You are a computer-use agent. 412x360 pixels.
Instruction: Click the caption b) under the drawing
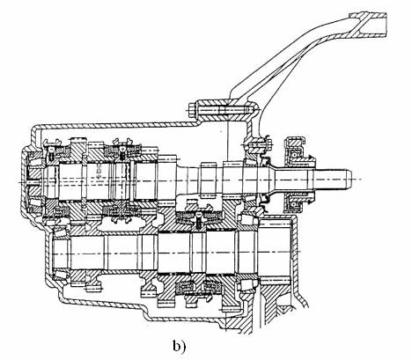click(179, 346)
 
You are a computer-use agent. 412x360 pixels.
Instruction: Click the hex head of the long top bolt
click(192, 110)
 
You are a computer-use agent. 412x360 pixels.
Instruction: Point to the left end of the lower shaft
click(55, 253)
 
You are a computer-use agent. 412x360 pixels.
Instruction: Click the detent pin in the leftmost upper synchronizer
click(52, 152)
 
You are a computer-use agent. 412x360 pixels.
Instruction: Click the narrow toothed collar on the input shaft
click(207, 179)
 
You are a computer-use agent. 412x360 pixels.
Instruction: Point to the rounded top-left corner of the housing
click(36, 129)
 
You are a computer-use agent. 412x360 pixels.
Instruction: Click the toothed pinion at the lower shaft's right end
click(276, 253)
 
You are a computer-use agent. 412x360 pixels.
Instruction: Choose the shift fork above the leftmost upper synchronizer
click(52, 142)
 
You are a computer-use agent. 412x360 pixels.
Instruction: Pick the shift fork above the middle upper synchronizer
click(122, 142)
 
